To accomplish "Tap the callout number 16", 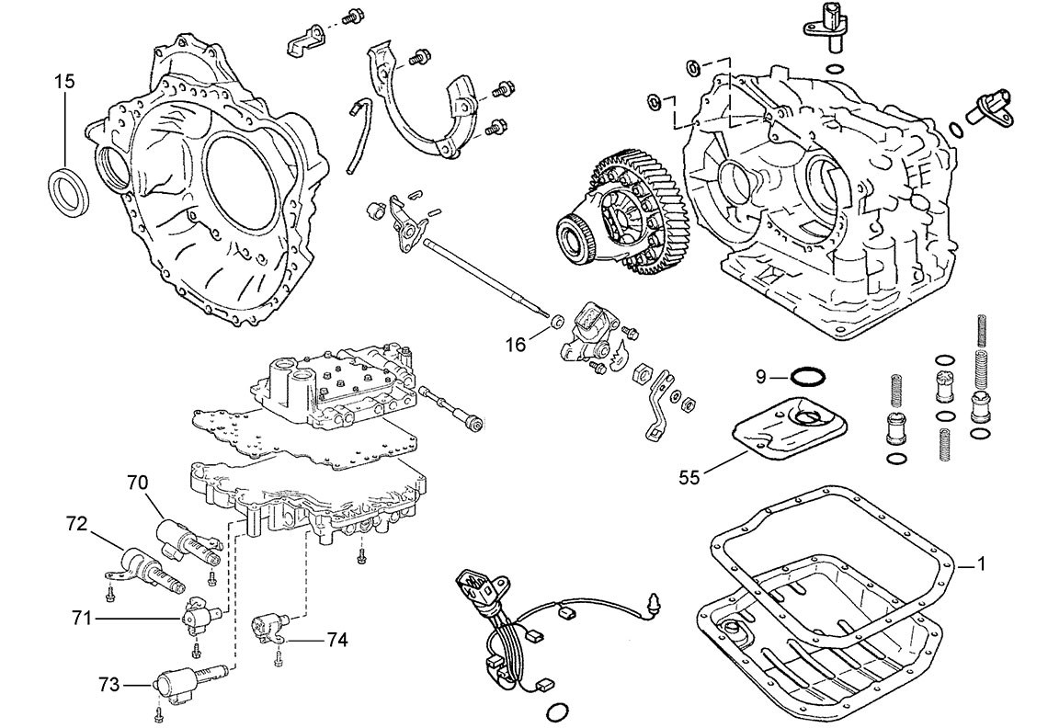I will tap(517, 344).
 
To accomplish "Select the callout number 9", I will tap(761, 376).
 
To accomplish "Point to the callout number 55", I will tap(689, 476).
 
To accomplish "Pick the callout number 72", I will tap(76, 525).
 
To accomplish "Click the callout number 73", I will tap(109, 683).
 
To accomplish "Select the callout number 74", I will tap(336, 639).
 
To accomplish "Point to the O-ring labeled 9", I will tap(807, 377).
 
